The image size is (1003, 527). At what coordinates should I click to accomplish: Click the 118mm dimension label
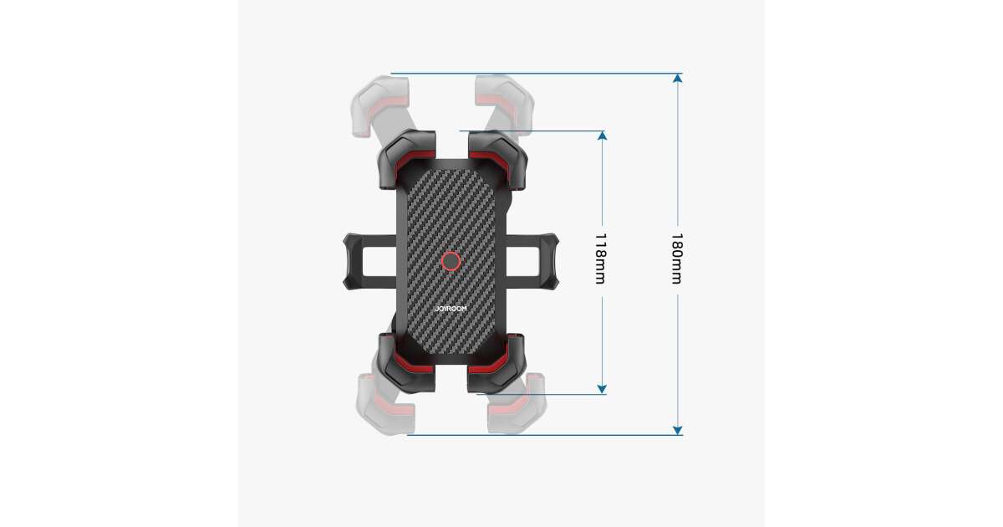click(600, 258)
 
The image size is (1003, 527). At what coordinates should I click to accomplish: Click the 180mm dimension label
click(676, 258)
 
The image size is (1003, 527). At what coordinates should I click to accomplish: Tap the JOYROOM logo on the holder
click(451, 309)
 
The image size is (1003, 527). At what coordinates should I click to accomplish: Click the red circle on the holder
click(451, 261)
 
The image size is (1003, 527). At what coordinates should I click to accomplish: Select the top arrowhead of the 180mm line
click(678, 78)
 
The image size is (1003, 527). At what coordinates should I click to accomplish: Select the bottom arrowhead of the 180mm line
click(678, 430)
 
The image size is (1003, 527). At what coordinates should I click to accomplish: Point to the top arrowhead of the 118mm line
click(603, 136)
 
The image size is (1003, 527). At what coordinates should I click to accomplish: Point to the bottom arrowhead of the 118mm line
click(603, 390)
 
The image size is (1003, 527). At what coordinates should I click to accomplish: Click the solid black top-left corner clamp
click(406, 158)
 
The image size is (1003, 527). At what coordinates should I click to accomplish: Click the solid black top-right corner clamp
click(497, 159)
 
